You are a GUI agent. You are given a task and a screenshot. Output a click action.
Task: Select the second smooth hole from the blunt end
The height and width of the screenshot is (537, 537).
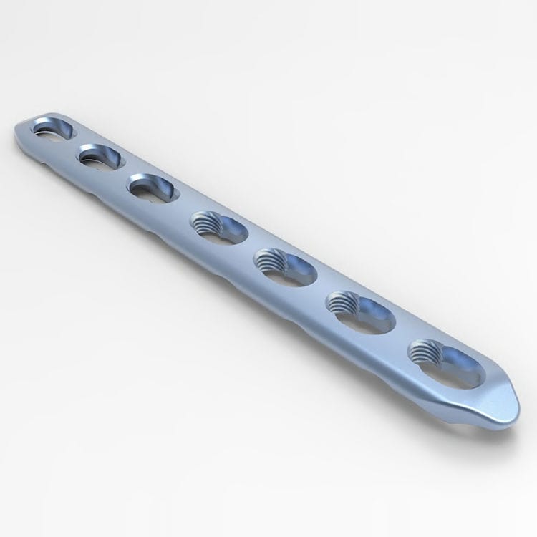[101, 156]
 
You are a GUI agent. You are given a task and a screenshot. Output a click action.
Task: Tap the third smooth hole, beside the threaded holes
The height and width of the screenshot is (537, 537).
[152, 188]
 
